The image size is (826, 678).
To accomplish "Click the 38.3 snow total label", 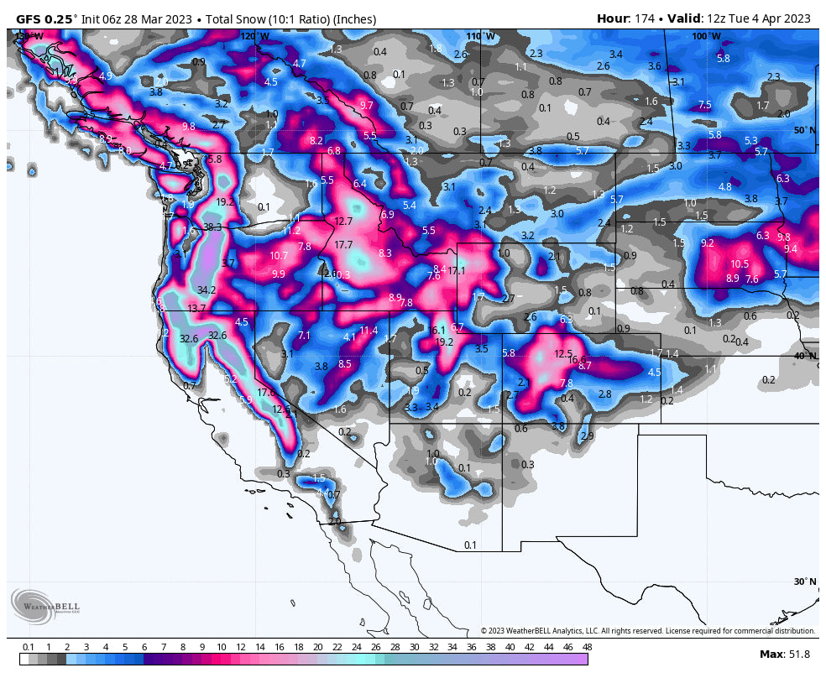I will coord(212,227).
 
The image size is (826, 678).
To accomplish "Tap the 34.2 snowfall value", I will coord(206,289).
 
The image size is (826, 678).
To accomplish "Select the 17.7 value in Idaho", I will coord(343,245).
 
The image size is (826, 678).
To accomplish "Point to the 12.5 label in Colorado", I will coord(563,353).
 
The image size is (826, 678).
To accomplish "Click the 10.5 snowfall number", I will coord(740,263).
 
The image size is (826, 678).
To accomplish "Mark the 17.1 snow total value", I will coord(457,270).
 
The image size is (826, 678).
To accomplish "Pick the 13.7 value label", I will coord(196,309).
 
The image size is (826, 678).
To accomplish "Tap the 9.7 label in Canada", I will coord(366,105).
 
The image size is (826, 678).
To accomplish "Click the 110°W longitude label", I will coord(481,36).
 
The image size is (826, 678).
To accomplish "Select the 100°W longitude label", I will coord(705,36).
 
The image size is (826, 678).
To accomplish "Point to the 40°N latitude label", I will coord(805,356).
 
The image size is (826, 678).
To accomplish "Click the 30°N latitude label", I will coord(805,582).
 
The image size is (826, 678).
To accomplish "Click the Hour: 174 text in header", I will coord(625,18).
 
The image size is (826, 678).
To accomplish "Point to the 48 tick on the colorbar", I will coord(587,647).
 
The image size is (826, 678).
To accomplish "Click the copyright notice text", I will coord(647,631).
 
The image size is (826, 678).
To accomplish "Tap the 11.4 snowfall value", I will coord(369,330).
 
